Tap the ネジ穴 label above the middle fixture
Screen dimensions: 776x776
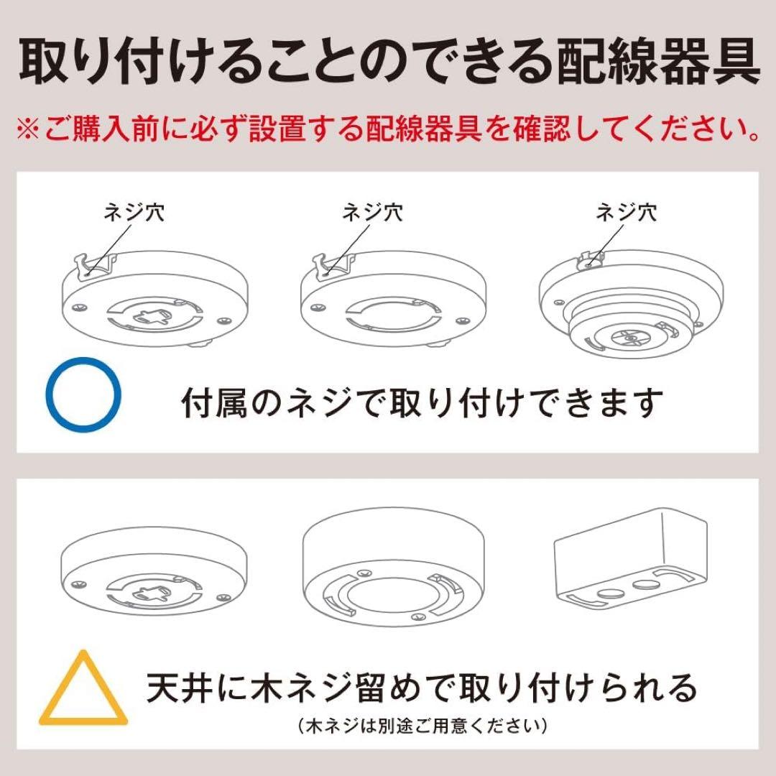(372, 213)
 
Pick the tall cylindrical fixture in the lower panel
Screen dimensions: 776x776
(392, 568)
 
